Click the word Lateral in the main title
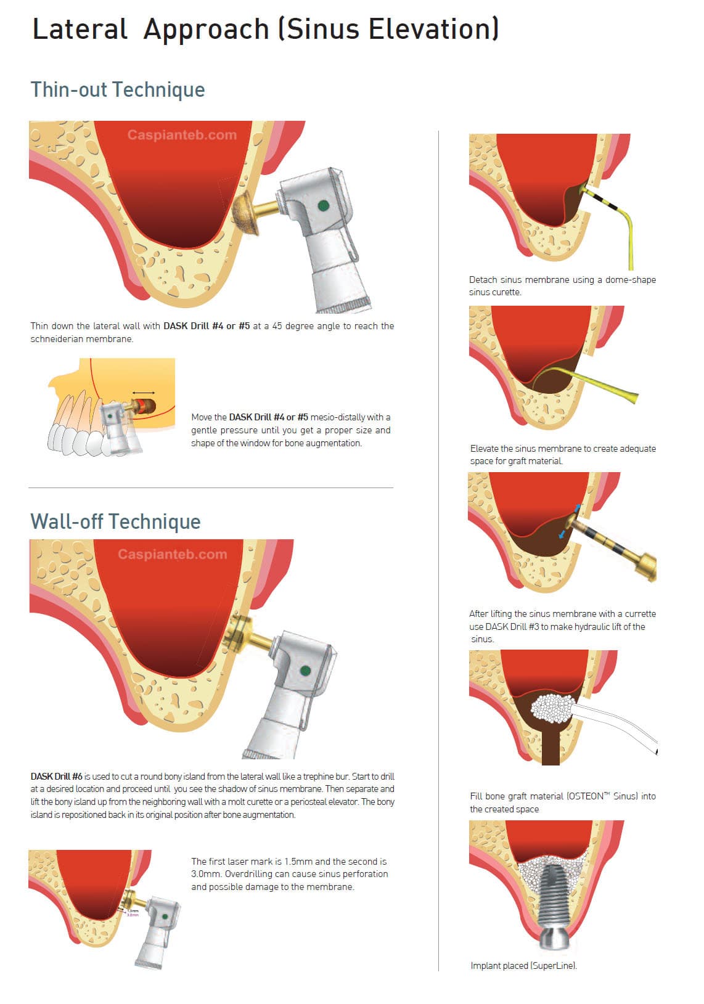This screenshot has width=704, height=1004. point(80,29)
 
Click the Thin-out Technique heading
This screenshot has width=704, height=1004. point(118,89)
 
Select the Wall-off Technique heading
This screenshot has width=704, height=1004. point(115,521)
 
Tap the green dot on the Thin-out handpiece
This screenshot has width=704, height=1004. point(323,206)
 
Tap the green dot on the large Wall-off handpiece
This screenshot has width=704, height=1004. point(305,671)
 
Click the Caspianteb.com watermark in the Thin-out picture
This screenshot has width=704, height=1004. point(182,135)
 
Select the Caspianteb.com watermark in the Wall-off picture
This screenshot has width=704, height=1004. point(173,555)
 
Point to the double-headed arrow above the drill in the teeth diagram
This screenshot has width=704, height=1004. point(144,393)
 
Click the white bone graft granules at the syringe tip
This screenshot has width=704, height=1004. point(552,708)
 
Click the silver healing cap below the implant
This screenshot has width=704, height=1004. point(554,939)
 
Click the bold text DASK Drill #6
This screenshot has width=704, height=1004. point(57,777)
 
